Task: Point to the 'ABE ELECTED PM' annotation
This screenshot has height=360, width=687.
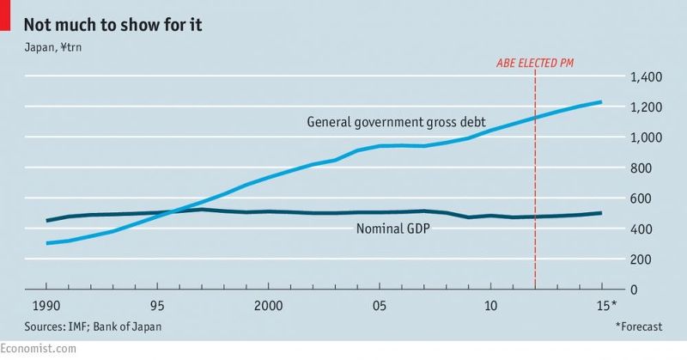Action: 536,63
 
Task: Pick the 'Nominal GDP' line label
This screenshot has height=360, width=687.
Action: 392,229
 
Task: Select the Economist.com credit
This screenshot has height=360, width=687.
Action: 38,348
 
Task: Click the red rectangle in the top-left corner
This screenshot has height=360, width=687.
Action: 4,17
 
